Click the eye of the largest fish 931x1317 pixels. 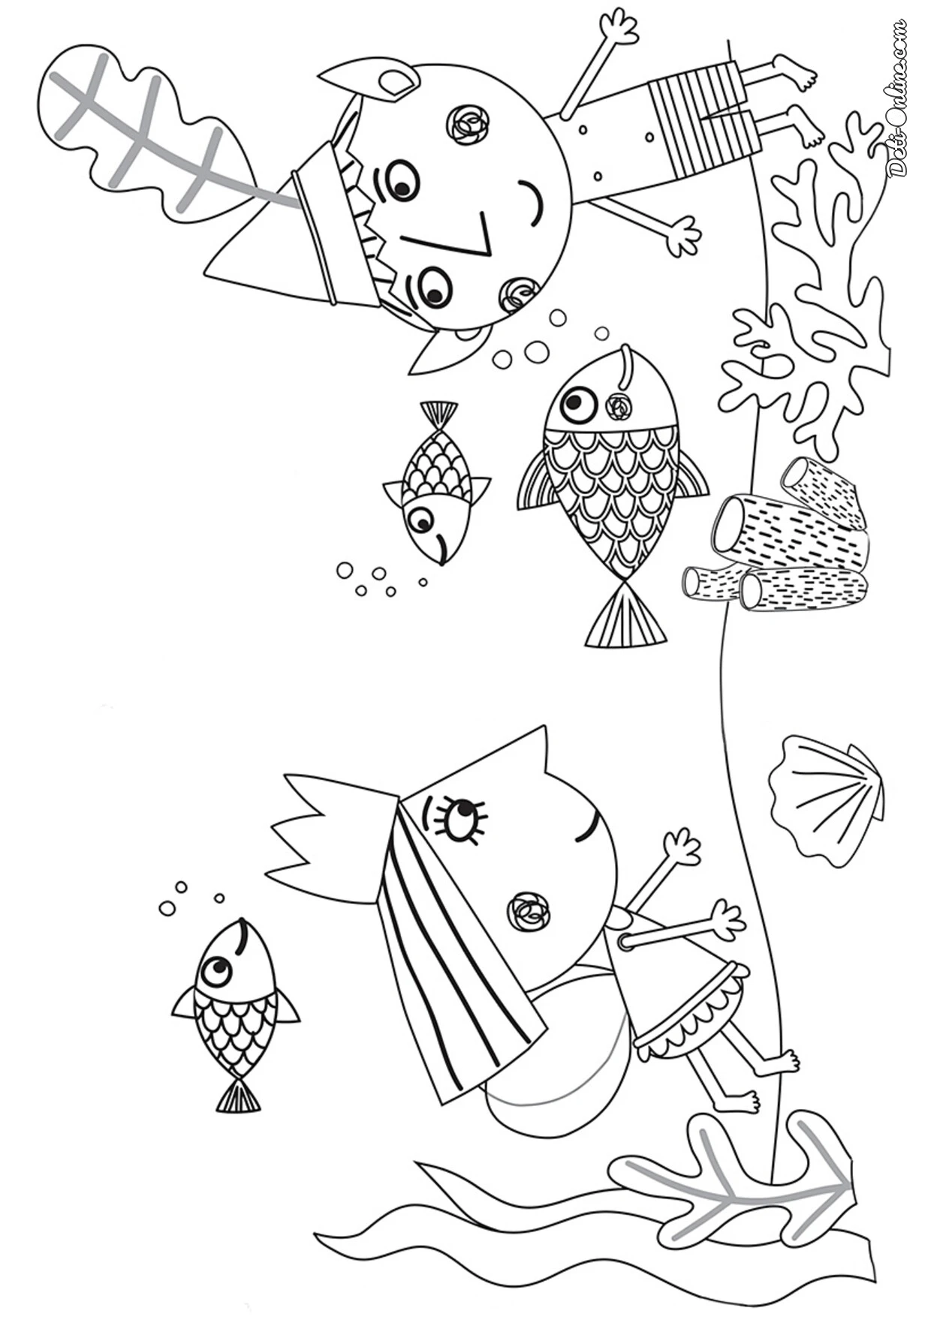coord(578,405)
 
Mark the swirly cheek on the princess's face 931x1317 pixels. coord(530,912)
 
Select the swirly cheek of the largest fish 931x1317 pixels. coord(618,407)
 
